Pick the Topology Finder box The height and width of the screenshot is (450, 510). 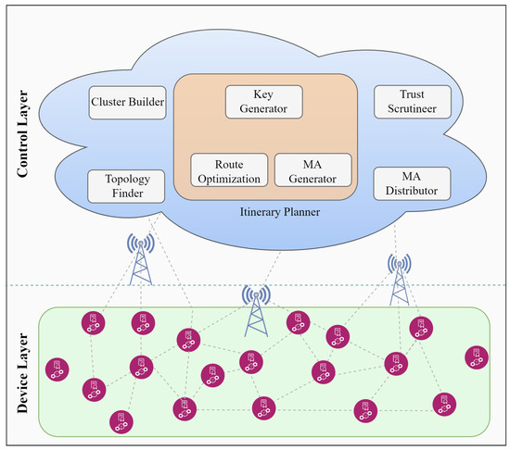[x=126, y=183]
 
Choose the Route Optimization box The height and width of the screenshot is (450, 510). [x=229, y=169]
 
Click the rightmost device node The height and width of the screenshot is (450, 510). [x=477, y=356]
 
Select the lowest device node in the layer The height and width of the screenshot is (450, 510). [x=119, y=420]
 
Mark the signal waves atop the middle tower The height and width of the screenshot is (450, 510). [x=258, y=294]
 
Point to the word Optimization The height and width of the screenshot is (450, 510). [x=229, y=175]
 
